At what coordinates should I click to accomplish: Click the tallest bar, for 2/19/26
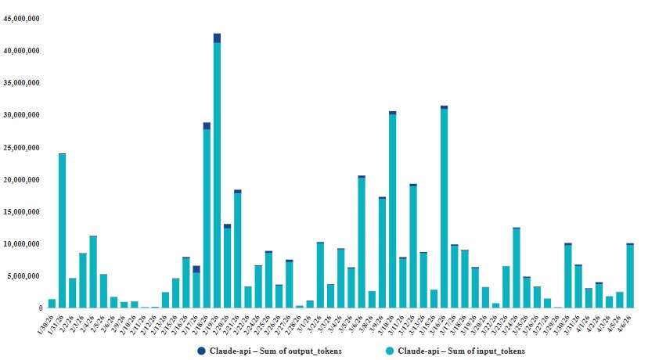(x=217, y=172)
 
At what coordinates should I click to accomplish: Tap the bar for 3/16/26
(x=444, y=207)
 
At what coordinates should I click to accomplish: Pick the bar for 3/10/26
(x=392, y=211)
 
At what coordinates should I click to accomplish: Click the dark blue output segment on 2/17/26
(x=196, y=269)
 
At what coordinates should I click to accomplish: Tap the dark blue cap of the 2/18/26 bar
(x=207, y=126)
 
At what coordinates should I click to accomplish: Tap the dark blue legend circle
(x=202, y=351)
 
